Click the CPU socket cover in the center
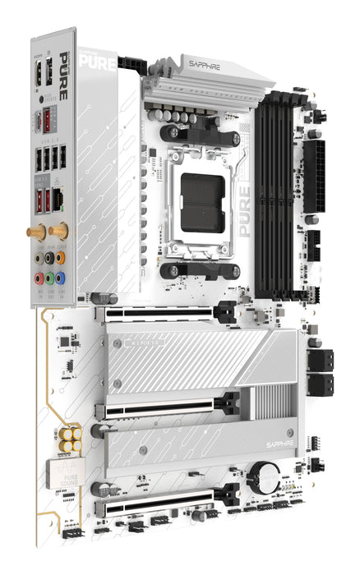tap(203, 202)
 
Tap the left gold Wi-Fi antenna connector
tap(36, 233)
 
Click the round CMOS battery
tap(266, 473)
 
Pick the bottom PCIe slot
tap(164, 502)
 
